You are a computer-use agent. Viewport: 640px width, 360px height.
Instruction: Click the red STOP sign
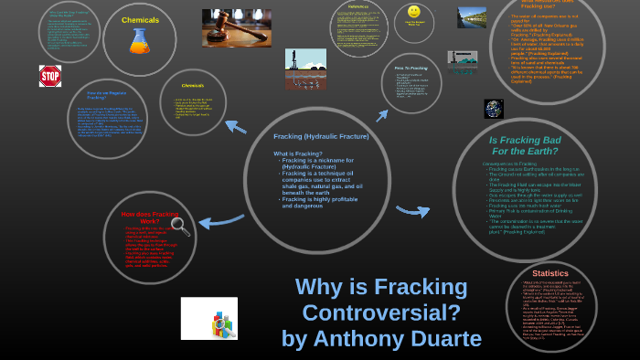[x=49, y=75]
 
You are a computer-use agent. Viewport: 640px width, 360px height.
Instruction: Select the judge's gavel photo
[x=236, y=27]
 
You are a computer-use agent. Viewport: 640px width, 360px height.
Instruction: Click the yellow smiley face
[x=414, y=11]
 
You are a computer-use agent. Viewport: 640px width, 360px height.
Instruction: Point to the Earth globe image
[x=494, y=109]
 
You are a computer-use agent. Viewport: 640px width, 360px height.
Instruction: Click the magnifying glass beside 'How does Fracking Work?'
[x=180, y=227]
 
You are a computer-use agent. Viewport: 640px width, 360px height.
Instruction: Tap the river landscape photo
[x=472, y=17]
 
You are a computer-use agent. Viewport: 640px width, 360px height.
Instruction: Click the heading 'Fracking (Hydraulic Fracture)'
[x=321, y=136]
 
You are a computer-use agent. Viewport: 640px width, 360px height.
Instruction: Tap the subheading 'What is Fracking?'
[x=296, y=153]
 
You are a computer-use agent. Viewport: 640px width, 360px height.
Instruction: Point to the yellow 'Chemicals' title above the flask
[x=139, y=18]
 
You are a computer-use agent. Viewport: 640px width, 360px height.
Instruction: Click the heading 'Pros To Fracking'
[x=411, y=68]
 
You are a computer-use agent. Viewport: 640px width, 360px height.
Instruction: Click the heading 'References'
[x=358, y=6]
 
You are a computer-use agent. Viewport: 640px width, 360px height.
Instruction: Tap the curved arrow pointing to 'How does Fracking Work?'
[x=220, y=219]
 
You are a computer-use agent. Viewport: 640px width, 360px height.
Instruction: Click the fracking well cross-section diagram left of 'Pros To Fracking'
[x=305, y=69]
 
